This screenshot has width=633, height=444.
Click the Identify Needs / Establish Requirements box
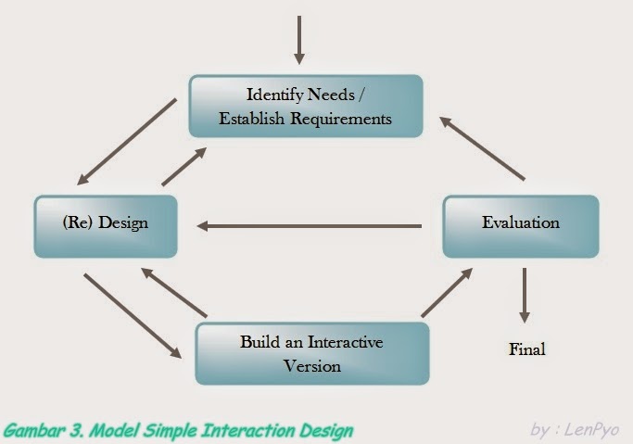pos(306,106)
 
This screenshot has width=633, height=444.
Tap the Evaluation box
pos(520,223)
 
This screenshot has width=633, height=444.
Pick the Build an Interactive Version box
pos(311,353)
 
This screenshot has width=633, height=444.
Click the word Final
pos(526,349)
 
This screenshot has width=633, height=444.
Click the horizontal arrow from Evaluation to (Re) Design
pos(310,225)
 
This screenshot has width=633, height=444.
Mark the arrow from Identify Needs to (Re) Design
pos(128,142)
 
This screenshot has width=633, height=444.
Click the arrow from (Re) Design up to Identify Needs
pos(184,165)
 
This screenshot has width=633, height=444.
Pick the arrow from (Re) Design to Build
pos(132,315)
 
